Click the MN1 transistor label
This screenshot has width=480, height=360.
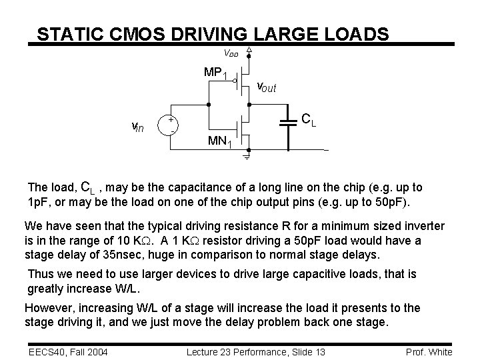(x=220, y=141)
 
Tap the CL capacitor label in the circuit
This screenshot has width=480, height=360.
(x=308, y=121)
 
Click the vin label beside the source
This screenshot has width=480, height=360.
(x=139, y=127)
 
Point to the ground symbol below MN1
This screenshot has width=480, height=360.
(x=246, y=158)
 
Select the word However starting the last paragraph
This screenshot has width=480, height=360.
(x=49, y=307)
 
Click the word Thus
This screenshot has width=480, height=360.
(x=40, y=273)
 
